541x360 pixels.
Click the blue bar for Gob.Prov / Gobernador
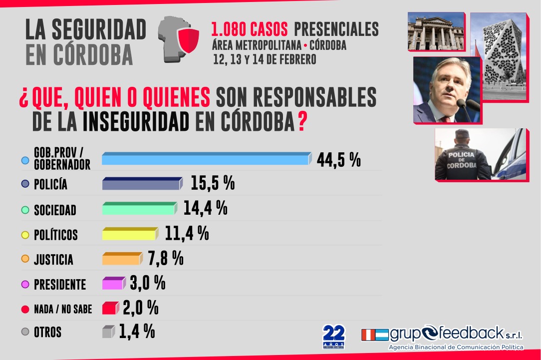(x=206, y=158)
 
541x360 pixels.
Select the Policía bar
(x=141, y=184)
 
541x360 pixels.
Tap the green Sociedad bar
(x=138, y=208)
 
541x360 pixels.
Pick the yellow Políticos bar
(x=129, y=234)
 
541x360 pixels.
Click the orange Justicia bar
(x=121, y=259)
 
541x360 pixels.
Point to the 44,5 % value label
(x=338, y=160)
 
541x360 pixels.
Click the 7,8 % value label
(x=166, y=259)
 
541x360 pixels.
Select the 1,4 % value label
(x=137, y=332)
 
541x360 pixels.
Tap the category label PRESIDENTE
(x=60, y=285)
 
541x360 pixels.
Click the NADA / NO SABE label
(x=63, y=309)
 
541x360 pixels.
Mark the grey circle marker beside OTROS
(x=25, y=332)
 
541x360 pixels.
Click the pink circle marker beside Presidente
(x=25, y=285)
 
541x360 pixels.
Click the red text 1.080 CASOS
(x=249, y=29)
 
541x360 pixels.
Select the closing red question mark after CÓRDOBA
(x=302, y=123)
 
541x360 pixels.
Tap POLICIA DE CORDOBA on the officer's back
(x=461, y=160)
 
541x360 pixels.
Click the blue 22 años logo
(x=334, y=336)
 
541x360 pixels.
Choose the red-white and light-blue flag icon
(x=374, y=334)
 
